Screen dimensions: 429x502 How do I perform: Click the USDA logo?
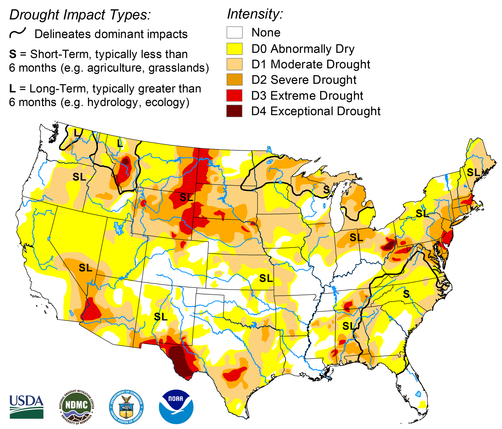pyautogui.click(x=26, y=407)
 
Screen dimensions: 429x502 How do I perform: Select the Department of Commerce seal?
pyautogui.click(x=126, y=407)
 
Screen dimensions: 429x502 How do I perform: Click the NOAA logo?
pyautogui.click(x=176, y=407)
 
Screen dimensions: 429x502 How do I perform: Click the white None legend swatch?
pyautogui.click(x=234, y=33)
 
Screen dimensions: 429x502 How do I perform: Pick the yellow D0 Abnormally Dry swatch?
pyautogui.click(x=234, y=49)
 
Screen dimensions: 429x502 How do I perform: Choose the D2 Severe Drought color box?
pyautogui.click(x=234, y=80)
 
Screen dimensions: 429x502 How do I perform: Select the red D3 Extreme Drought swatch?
pyautogui.click(x=234, y=95)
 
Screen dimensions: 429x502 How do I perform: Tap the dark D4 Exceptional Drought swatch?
pyautogui.click(x=234, y=111)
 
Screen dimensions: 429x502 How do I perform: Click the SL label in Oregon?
pyautogui.click(x=79, y=177)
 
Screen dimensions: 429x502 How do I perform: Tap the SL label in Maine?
pyautogui.click(x=473, y=172)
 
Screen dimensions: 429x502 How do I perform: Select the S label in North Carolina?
pyautogui.click(x=406, y=294)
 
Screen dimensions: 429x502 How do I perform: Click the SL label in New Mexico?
pyautogui.click(x=160, y=317)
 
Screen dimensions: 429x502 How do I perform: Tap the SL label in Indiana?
pyautogui.click(x=356, y=237)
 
